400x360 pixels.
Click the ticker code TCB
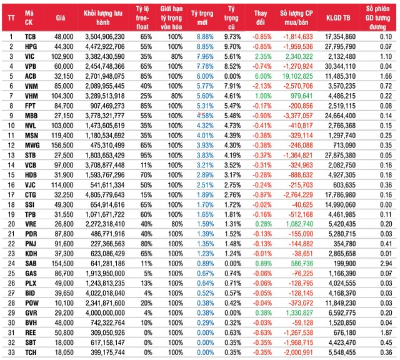pos(30,37)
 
